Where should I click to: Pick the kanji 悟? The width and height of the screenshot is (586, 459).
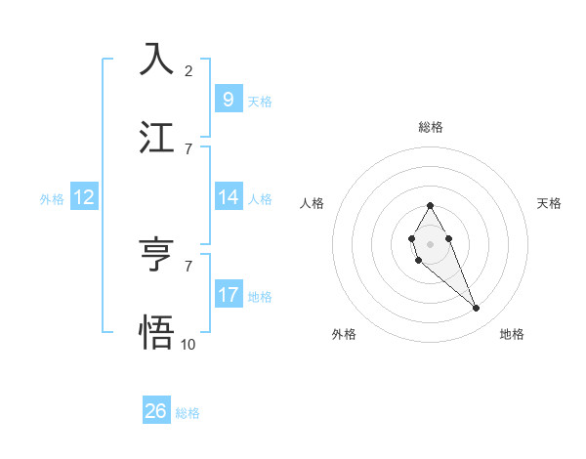156,331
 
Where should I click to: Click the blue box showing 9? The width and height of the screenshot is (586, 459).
228,99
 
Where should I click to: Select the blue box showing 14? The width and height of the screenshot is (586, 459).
228,197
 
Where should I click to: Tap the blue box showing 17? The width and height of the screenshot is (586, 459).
228,295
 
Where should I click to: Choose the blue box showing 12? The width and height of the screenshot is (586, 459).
84,197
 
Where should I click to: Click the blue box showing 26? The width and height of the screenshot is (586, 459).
156,411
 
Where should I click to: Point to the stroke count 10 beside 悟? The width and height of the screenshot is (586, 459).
188,344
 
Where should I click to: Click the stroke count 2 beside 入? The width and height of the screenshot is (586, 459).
188,70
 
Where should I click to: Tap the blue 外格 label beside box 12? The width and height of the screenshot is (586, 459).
52,198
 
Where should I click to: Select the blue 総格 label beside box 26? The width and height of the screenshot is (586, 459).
188,413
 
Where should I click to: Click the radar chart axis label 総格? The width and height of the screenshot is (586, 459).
430,127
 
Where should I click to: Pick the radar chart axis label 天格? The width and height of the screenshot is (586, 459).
549,203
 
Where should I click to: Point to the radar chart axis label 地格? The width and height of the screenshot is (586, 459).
512,334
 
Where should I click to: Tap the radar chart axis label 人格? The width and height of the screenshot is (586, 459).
313,203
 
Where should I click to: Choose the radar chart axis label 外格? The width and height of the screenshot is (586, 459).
344,334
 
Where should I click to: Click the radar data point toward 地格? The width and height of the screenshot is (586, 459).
477,309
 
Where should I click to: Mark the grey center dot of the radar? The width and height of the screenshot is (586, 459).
430,242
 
